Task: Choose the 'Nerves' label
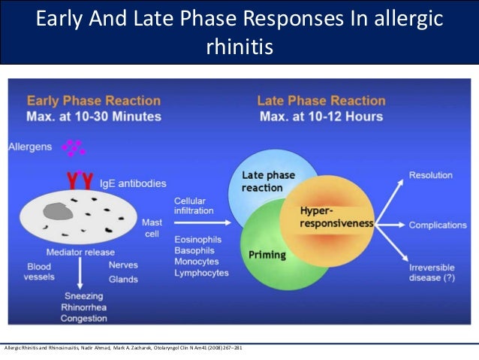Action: coord(123,265)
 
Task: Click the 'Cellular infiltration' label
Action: coord(193,207)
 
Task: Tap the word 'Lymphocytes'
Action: coord(200,273)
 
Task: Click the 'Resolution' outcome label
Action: coord(430,175)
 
